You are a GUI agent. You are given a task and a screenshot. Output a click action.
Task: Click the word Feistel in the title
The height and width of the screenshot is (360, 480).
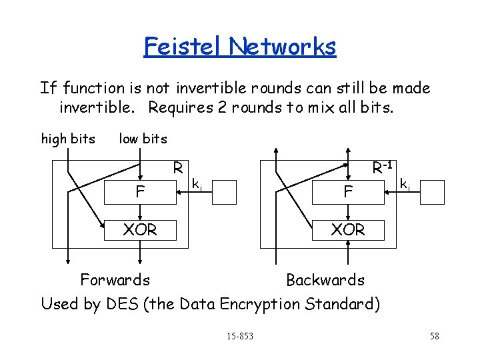pyautogui.click(x=183, y=46)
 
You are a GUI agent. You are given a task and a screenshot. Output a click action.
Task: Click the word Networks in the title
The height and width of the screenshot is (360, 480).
pyautogui.click(x=282, y=46)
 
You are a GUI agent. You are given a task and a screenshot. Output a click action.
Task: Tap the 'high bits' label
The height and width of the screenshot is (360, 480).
pyautogui.click(x=68, y=139)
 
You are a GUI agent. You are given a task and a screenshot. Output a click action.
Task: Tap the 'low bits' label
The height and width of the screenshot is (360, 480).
pyautogui.click(x=143, y=139)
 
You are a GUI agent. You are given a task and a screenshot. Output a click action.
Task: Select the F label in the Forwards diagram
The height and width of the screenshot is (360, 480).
pyautogui.click(x=140, y=193)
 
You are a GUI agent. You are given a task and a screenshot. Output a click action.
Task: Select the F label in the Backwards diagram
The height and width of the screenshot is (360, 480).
pyautogui.click(x=347, y=193)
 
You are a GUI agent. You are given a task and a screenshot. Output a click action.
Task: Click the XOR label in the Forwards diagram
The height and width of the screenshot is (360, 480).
pyautogui.click(x=140, y=229)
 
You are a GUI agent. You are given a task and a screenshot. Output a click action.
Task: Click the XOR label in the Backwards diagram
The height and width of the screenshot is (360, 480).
pyautogui.click(x=347, y=229)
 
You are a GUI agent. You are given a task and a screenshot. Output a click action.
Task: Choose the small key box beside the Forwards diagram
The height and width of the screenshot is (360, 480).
pyautogui.click(x=224, y=192)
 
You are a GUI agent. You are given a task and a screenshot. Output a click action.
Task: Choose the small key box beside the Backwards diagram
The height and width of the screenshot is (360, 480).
pyautogui.click(x=431, y=192)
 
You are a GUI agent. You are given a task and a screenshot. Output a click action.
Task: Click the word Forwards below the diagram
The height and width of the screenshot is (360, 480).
pyautogui.click(x=115, y=279)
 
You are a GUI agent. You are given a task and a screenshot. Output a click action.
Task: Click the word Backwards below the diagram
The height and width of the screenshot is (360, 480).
pyautogui.click(x=325, y=279)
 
